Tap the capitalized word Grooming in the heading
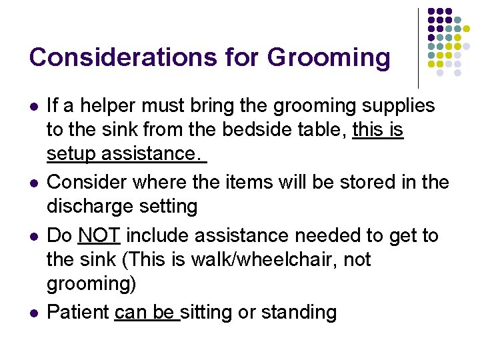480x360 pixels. point(329,58)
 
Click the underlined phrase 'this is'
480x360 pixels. point(378,129)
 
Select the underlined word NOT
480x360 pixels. point(99,235)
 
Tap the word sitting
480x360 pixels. point(207,311)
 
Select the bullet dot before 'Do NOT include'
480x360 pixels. point(33,236)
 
